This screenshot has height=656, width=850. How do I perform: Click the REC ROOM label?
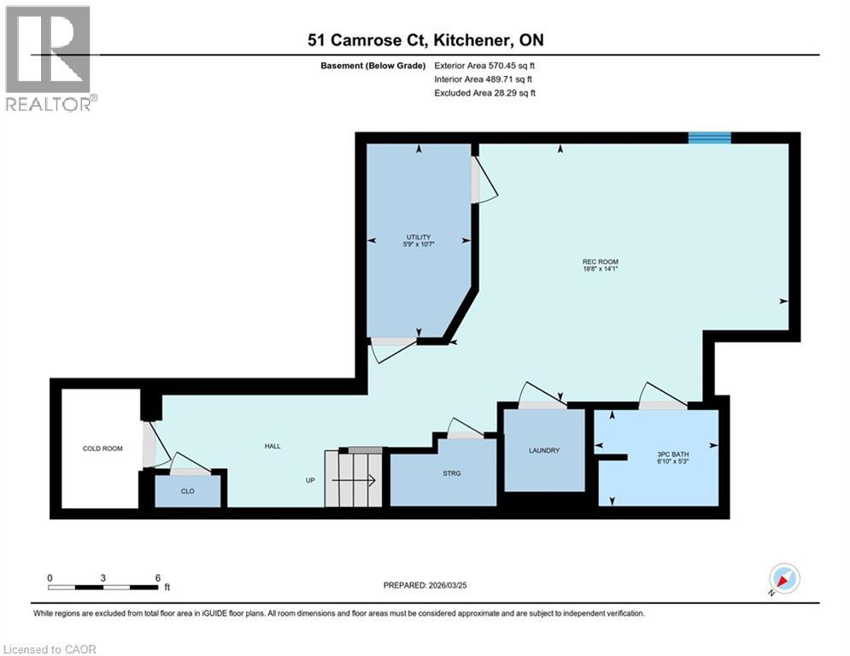click(600, 261)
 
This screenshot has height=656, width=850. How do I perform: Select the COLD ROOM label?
click(103, 448)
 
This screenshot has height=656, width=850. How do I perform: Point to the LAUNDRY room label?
click(543, 450)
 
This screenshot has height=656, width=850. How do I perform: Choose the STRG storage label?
click(453, 473)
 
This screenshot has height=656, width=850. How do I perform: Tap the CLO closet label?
click(188, 491)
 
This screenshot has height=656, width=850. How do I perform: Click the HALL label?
click(272, 446)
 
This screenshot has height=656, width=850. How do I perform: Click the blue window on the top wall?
click(710, 138)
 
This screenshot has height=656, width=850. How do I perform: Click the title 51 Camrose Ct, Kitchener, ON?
click(426, 39)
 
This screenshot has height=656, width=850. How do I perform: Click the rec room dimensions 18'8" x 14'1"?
click(600, 269)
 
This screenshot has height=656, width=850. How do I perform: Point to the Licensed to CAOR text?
click(50, 649)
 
